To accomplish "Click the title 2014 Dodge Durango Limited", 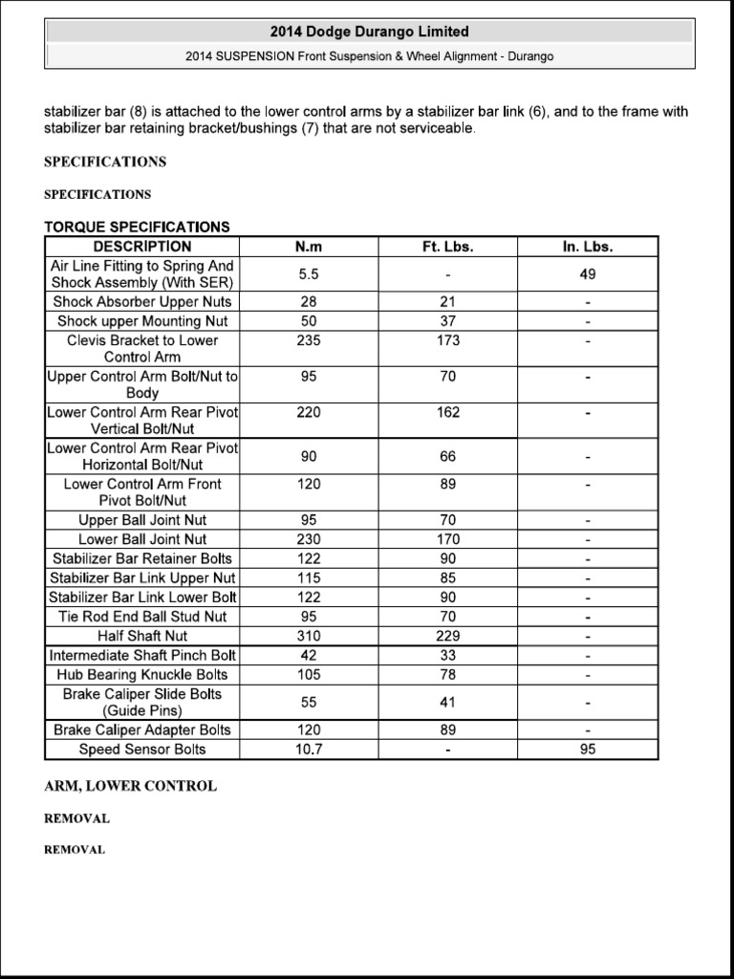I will click(x=369, y=32).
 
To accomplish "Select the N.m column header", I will click(x=309, y=247).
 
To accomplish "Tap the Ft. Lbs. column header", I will click(x=448, y=247).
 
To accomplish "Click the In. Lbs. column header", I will click(x=588, y=247).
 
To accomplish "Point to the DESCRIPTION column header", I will click(x=142, y=247).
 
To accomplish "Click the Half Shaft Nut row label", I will click(x=142, y=636).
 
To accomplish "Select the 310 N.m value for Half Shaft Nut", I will click(x=309, y=636).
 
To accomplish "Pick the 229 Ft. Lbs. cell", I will click(x=448, y=636).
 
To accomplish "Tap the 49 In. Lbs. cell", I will click(x=588, y=274).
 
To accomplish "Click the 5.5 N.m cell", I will click(x=309, y=274).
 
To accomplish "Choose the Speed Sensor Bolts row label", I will click(x=142, y=750).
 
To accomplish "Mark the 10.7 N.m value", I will click(x=309, y=750).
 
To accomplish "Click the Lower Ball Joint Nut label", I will click(x=142, y=539).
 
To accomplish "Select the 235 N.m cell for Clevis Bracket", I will click(x=309, y=340).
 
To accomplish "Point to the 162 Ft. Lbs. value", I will click(x=448, y=413).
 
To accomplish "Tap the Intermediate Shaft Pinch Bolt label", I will click(x=142, y=656).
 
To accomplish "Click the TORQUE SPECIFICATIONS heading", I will click(x=137, y=227).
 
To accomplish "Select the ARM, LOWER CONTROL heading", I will click(x=130, y=786).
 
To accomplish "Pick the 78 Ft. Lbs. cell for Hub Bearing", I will click(x=448, y=675).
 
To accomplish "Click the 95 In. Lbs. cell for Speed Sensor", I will click(x=588, y=750).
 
